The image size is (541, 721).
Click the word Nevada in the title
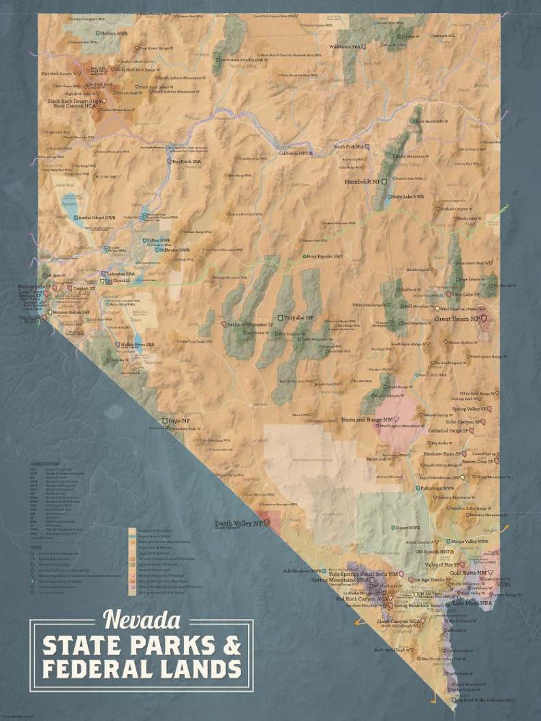141,620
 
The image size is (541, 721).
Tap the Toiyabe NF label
300,318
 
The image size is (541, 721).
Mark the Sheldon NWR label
115,33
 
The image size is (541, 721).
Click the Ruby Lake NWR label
407,197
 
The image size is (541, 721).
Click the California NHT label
294,153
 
